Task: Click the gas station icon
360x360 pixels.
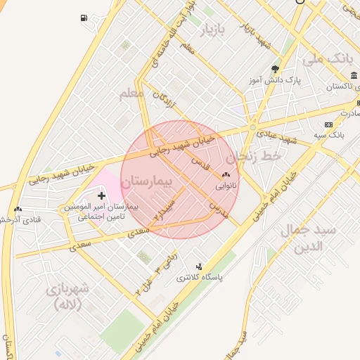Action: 85,18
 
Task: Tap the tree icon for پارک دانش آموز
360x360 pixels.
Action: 275,69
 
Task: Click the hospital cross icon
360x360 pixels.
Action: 102,195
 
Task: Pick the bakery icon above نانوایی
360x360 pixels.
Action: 226,176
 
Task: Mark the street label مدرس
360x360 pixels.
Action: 219,210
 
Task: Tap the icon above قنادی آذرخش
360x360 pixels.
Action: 18,209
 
